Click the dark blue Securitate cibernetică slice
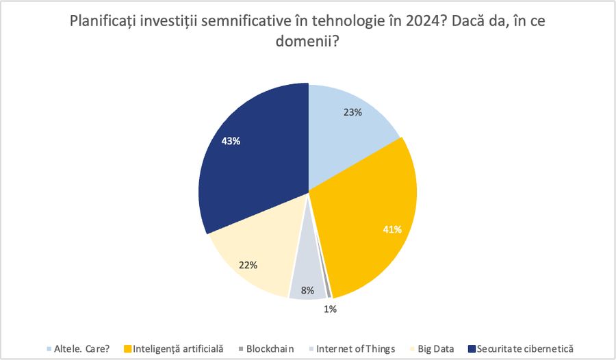[253, 164]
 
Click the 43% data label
[231, 141]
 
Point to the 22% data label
[247, 265]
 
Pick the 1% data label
[330, 309]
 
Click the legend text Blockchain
[270, 349]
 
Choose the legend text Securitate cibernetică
[526, 349]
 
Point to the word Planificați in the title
[103, 21]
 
